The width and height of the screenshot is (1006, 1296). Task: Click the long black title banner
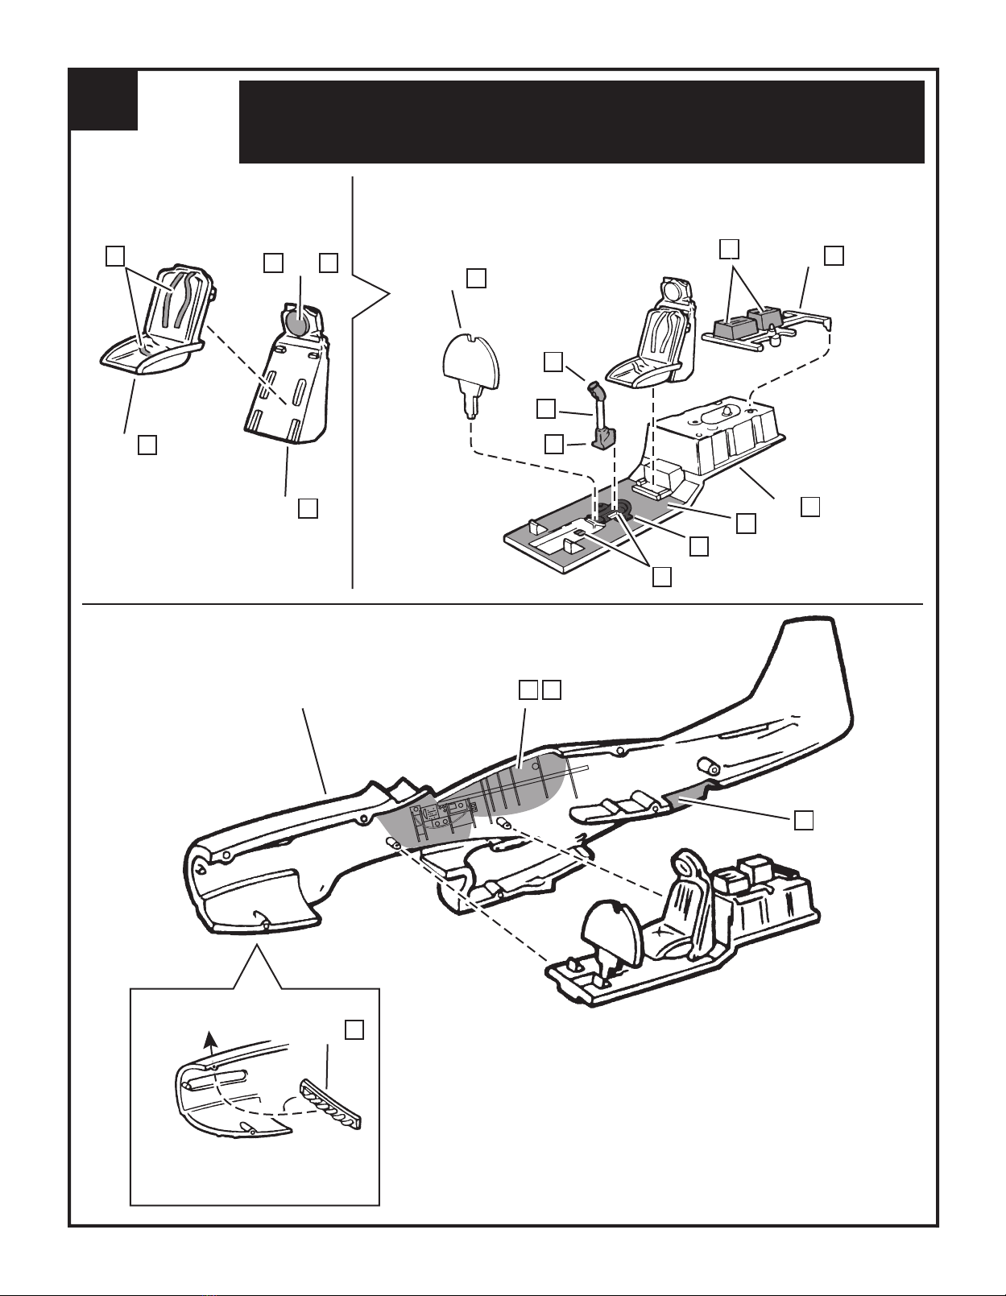click(x=581, y=121)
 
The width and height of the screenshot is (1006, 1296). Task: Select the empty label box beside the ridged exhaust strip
click(x=354, y=1029)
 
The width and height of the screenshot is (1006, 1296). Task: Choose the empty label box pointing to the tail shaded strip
click(x=803, y=820)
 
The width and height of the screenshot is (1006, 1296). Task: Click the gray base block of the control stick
click(x=604, y=437)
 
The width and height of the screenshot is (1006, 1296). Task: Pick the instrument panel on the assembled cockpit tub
click(x=613, y=926)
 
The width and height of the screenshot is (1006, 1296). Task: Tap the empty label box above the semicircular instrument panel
click(x=476, y=277)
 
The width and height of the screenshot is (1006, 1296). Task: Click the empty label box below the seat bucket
click(x=147, y=445)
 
